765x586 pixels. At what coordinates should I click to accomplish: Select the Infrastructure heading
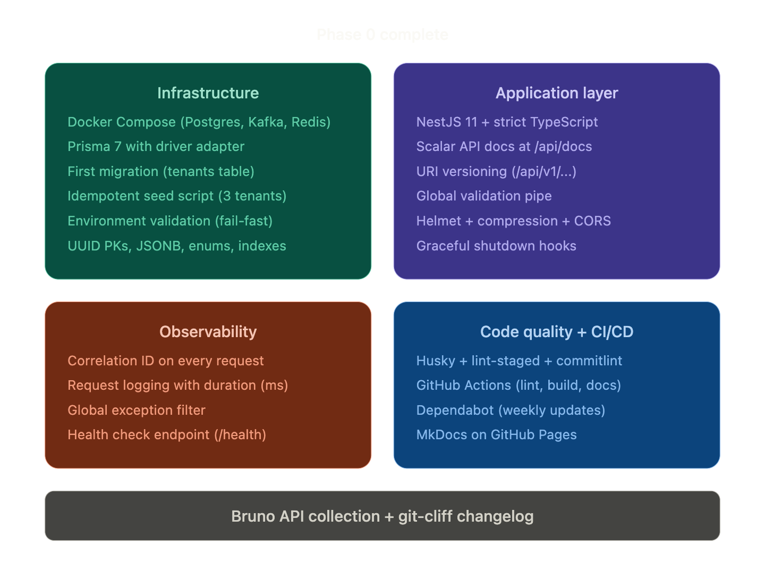[208, 93]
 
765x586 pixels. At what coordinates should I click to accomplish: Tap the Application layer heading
[557, 93]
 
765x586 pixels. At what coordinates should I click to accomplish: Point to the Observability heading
[208, 332]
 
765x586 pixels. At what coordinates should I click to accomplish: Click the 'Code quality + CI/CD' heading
[557, 332]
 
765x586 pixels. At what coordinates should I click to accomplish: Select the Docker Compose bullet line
[199, 122]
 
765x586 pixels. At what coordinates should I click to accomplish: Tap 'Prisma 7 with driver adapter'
[156, 147]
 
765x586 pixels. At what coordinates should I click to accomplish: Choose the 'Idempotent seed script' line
[177, 196]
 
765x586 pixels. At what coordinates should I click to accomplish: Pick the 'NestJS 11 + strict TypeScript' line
[507, 122]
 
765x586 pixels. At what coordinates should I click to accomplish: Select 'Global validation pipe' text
[484, 196]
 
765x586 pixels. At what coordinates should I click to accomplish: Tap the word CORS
[592, 221]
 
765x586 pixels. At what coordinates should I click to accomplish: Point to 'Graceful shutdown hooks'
[496, 246]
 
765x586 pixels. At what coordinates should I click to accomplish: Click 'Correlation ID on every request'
[166, 361]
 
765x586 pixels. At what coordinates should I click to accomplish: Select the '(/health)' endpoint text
[240, 435]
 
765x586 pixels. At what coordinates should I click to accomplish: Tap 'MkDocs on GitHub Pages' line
[496, 435]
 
